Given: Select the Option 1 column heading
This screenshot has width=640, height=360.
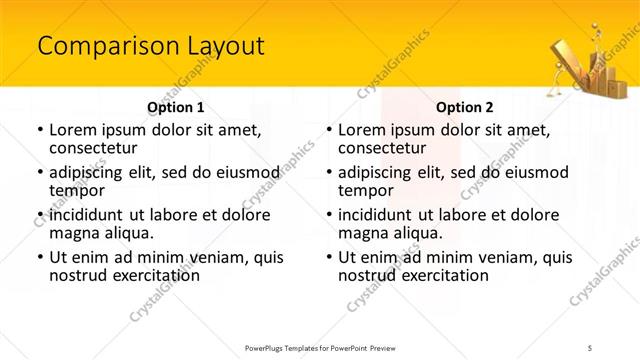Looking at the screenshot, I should (175, 107).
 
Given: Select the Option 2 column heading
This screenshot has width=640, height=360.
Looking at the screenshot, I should (464, 107).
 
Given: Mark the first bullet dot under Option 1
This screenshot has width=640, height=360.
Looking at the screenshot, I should (40, 130).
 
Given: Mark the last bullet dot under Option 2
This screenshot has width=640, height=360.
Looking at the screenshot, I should (329, 257).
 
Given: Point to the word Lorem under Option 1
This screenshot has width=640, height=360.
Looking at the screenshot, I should (73, 130).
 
